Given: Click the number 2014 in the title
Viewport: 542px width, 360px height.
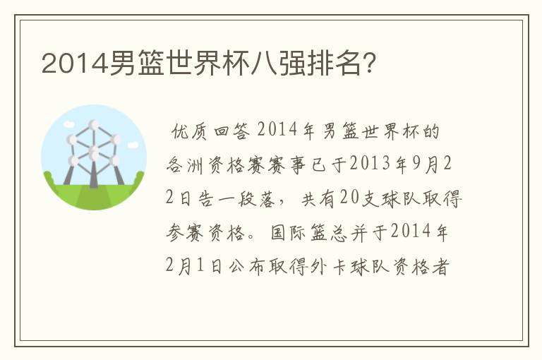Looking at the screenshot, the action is coord(75,64).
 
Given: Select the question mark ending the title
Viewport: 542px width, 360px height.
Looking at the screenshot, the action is coord(370,64).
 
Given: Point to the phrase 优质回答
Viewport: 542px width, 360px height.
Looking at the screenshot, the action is coord(210,131).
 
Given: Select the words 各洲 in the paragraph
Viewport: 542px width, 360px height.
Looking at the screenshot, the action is coord(185,164).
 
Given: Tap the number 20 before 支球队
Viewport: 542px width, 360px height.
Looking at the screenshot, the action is coord(349,198).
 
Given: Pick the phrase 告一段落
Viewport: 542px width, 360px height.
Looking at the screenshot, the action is coord(236,198).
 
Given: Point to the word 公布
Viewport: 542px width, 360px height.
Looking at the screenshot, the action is coord(246,267).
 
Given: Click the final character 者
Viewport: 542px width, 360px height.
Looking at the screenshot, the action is coord(441,267).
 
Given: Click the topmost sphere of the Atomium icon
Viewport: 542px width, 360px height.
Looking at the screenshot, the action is coord(94,125).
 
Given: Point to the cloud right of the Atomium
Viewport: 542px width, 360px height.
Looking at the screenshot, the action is coord(133,145).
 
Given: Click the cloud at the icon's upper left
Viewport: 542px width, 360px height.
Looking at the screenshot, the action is coord(69,124).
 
